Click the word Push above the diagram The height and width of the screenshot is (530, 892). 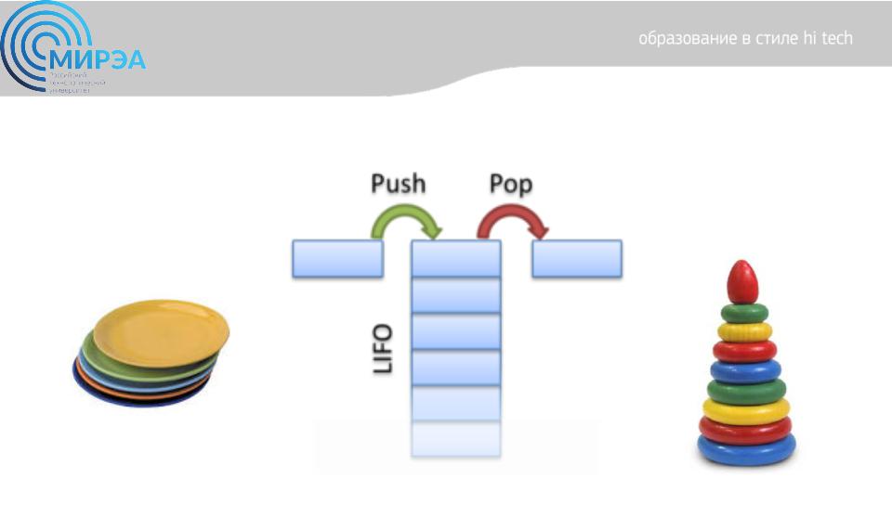(x=398, y=184)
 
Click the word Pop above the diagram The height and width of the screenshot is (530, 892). (x=511, y=184)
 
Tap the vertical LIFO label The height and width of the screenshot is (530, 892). (x=383, y=348)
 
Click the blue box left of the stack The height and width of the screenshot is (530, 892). (x=337, y=259)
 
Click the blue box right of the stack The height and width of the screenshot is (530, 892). (x=577, y=259)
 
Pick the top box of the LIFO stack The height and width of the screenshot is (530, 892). (x=456, y=259)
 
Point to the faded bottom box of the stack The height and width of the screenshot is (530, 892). (x=456, y=439)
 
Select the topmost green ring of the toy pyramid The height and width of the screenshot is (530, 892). (x=743, y=313)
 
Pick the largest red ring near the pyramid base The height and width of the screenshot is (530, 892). (x=745, y=429)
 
